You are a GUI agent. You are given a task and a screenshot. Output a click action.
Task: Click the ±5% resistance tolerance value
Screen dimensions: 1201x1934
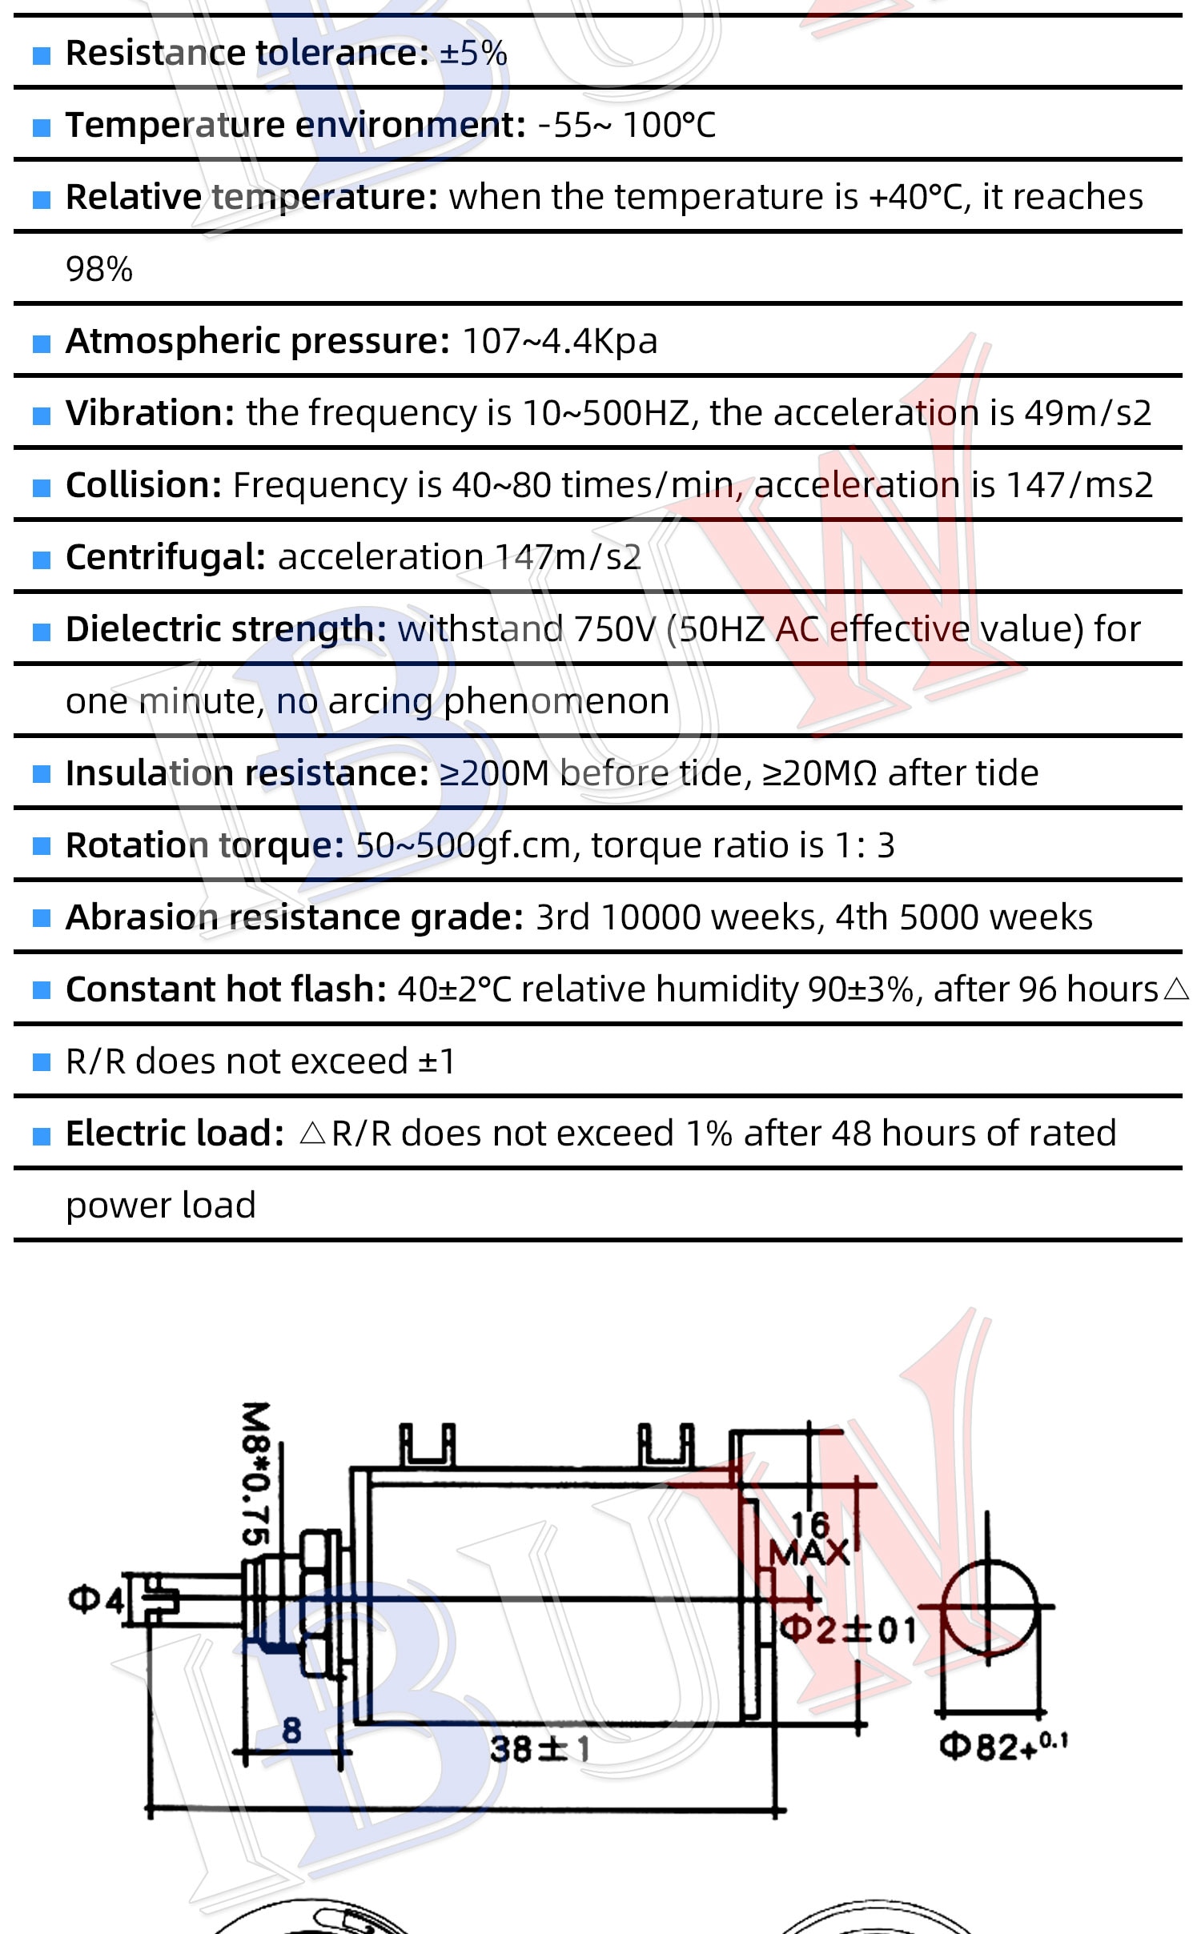pos(473,54)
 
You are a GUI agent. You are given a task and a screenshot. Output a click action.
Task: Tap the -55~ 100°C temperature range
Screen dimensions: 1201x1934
pos(627,126)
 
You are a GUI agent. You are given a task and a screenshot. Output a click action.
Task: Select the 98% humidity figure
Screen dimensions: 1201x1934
pos(99,270)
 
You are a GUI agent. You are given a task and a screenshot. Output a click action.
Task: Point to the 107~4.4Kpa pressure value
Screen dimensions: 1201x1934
pos(560,342)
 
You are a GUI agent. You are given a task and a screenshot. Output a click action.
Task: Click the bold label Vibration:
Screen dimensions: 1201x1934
pos(151,413)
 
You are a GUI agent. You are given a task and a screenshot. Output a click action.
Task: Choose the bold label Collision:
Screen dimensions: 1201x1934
pos(144,485)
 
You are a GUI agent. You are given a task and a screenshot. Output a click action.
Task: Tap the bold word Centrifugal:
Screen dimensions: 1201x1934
pos(166,558)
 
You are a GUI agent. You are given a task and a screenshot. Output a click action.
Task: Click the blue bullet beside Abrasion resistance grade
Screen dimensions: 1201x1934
pos(42,918)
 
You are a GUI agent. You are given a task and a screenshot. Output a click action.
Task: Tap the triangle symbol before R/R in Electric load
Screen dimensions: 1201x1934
pos(312,1134)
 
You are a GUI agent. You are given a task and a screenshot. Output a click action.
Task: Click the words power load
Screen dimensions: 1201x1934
pos(161,1206)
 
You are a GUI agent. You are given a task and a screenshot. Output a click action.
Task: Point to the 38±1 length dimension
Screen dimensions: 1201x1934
pos(540,1749)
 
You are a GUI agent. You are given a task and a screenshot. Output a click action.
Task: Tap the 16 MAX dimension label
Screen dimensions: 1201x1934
pos(809,1539)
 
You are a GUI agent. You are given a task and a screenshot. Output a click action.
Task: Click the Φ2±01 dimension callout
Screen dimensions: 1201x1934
pos(848,1630)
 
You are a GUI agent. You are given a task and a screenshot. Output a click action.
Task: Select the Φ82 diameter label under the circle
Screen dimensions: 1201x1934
pos(1003,1746)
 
